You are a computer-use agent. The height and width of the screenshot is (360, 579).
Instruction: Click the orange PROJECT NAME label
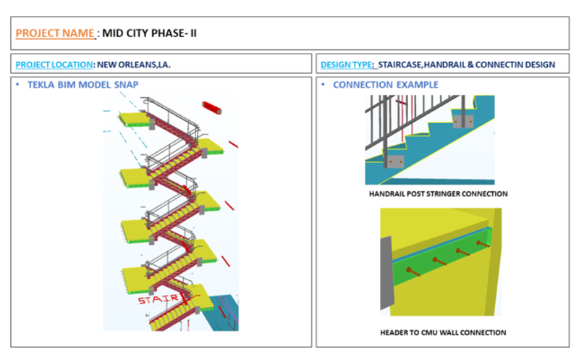pyautogui.click(x=55, y=33)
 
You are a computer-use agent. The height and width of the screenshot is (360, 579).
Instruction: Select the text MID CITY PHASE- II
pyautogui.click(x=149, y=33)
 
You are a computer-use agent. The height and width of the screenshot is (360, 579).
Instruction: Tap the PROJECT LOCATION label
pyautogui.click(x=54, y=64)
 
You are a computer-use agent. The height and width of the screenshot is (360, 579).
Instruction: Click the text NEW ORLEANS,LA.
pyautogui.click(x=134, y=64)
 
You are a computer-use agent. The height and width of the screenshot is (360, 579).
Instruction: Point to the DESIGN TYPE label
pyautogui.click(x=347, y=64)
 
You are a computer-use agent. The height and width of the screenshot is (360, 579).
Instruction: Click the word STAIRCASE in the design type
pyautogui.click(x=400, y=64)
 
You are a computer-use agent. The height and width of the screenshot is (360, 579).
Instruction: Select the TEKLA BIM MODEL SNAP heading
pyautogui.click(x=83, y=85)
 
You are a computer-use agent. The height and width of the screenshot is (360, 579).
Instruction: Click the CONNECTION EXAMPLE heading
pyautogui.click(x=386, y=85)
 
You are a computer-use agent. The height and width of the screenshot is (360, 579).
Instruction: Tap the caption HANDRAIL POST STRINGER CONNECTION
pyautogui.click(x=439, y=193)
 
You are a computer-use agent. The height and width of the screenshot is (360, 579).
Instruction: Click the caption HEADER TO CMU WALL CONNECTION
pyautogui.click(x=443, y=332)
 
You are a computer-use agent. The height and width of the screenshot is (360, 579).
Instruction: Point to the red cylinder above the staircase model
pyautogui.click(x=212, y=107)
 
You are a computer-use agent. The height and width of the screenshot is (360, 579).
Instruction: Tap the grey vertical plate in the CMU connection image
pyautogui.click(x=386, y=274)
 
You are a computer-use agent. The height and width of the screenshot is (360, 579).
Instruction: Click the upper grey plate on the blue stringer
pyautogui.click(x=463, y=121)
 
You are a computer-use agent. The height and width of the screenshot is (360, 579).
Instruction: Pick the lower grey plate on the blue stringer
pyautogui.click(x=396, y=162)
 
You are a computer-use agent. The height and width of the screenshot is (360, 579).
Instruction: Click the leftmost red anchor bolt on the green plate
pyautogui.click(x=413, y=272)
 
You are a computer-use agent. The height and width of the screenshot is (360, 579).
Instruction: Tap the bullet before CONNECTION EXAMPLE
pyautogui.click(x=323, y=85)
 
